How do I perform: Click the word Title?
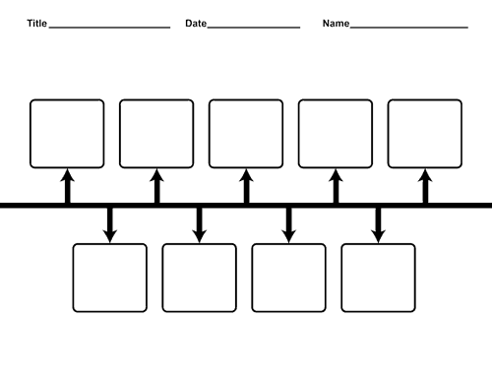pos(37,24)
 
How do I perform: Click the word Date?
pos(196,24)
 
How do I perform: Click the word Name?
pos(336,24)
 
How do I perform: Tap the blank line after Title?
pos(109,28)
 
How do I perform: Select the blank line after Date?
pos(254,28)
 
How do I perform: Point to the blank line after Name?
pos(409,28)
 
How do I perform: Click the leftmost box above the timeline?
pos(67,99)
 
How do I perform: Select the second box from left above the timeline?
pos(156,99)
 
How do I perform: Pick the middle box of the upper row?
pos(246,99)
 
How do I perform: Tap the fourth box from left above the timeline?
pos(336,99)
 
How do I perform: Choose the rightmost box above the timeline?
pos(425,99)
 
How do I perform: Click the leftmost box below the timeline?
pos(110,244)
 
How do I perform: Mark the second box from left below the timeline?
pos(199,244)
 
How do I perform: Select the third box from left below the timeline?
pos(288,244)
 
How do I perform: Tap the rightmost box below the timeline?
pos(378,244)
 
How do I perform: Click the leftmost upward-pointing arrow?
pos(67,186)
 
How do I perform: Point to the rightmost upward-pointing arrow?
pos(425,186)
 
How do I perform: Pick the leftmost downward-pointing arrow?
pos(110,225)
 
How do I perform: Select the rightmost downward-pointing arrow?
pos(378,225)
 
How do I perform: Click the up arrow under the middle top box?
pos(246,186)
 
